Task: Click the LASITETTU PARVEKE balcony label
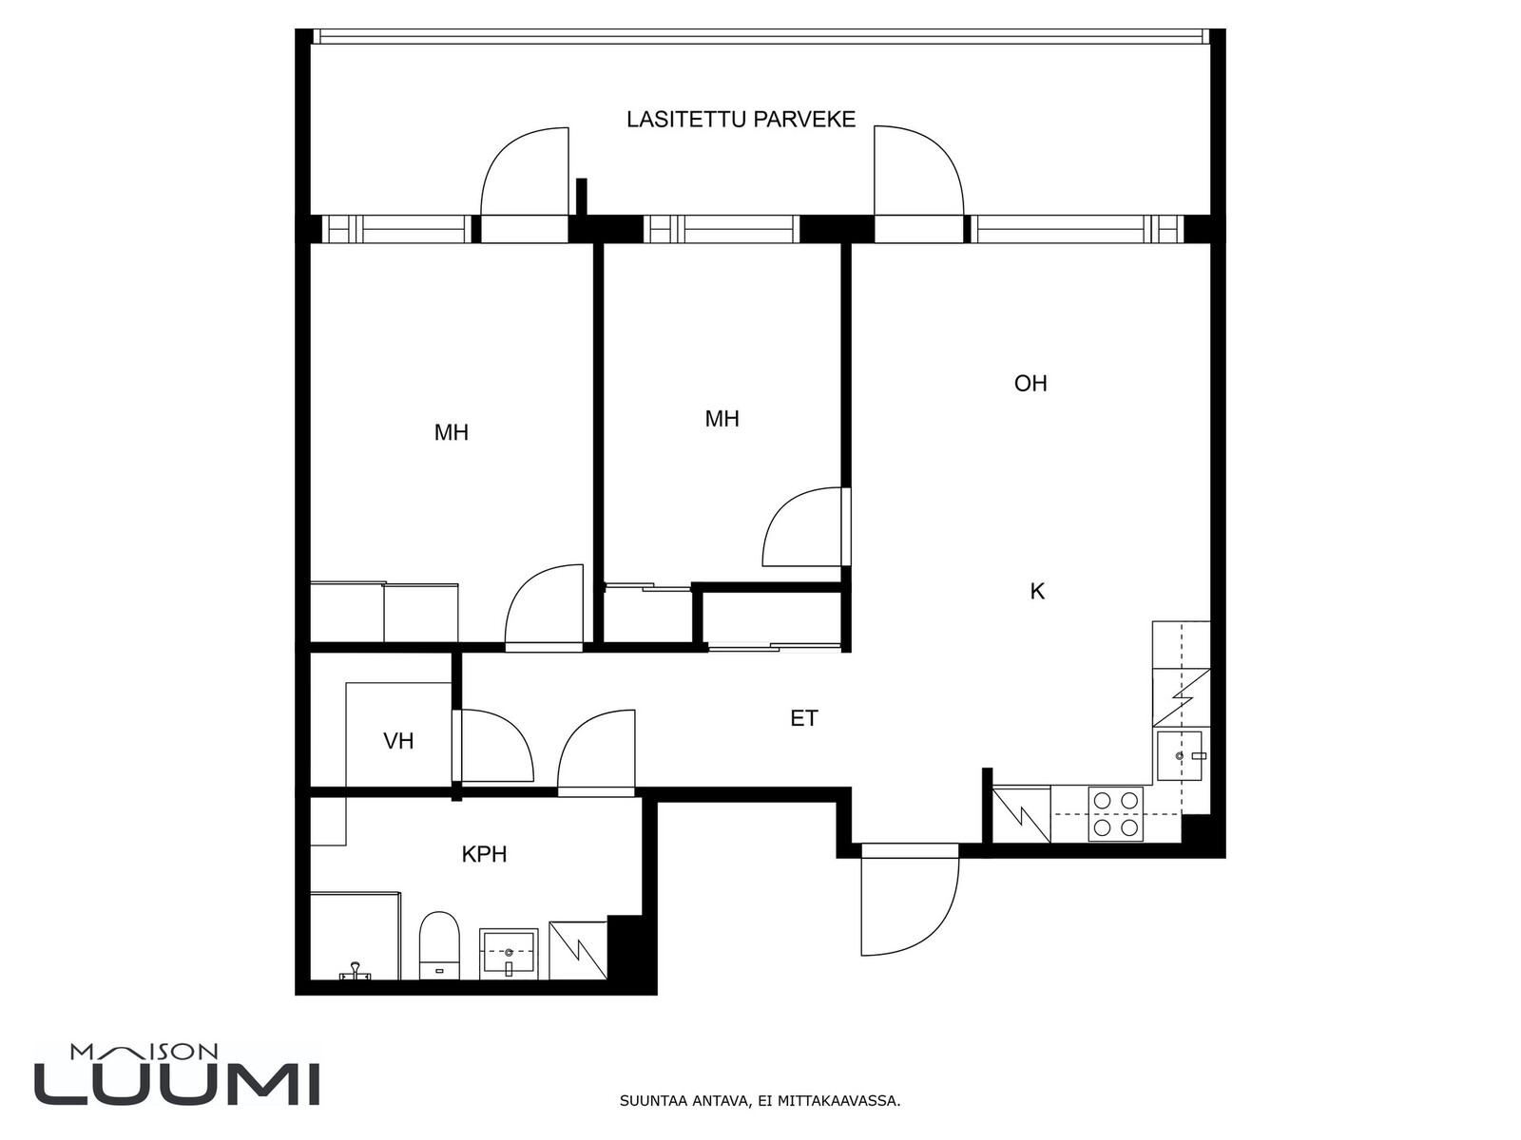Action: (741, 120)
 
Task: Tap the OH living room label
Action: (1030, 384)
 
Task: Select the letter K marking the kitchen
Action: (1037, 591)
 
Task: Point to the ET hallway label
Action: (804, 718)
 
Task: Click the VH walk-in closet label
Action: (398, 741)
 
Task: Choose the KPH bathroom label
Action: (485, 855)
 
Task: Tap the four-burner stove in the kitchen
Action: (1116, 814)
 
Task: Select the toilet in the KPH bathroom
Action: (440, 945)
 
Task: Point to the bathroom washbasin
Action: (509, 953)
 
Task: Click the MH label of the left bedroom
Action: (452, 432)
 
